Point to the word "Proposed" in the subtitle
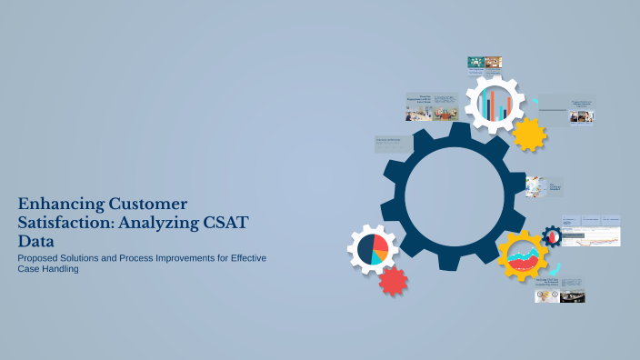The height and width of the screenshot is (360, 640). coord(39,259)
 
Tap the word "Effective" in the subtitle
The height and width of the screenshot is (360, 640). coord(246,259)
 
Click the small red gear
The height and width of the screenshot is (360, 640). coord(393,281)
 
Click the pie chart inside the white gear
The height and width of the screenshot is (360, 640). coord(373,249)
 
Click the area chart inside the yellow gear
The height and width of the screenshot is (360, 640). coord(522,256)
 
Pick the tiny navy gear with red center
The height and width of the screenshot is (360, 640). coord(552,236)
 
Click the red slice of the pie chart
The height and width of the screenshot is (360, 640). coord(382,245)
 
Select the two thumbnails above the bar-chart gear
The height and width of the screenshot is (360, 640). coord(485,63)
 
